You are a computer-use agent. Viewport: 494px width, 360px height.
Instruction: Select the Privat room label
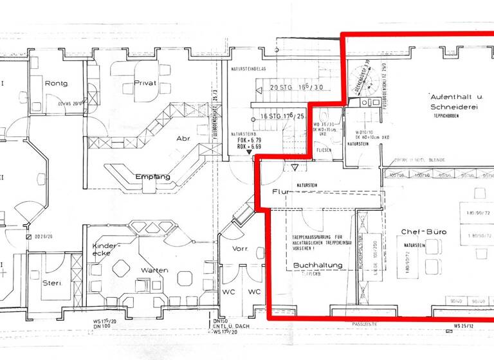pos(145,83)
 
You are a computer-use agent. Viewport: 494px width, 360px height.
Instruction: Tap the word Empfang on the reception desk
pos(152,176)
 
